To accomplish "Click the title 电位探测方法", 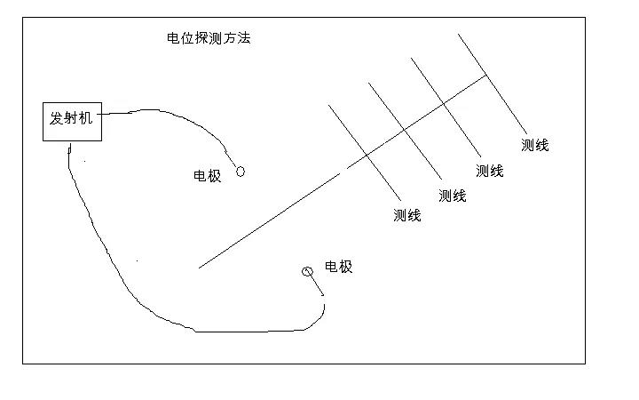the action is tap(209, 38).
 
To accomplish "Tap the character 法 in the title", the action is tap(244, 38).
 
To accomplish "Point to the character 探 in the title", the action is tap(201, 38).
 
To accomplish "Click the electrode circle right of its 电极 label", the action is tap(241, 172).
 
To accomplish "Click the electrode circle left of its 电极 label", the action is tap(307, 271).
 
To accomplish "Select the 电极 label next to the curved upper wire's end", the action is tap(208, 176).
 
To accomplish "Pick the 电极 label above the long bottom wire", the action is tap(339, 267).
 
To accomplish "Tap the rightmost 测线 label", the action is tap(535, 145).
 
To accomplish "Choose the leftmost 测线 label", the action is tap(407, 215).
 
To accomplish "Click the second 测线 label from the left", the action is tap(453, 196).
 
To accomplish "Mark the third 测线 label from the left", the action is tap(489, 171).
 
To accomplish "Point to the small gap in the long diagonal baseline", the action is tap(343, 171).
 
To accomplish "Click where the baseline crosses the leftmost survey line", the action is tap(366, 156).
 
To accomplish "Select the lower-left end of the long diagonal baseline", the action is tap(199, 268).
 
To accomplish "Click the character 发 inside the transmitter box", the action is tap(57, 118).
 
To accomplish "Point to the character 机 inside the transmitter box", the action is tap(86, 118).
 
